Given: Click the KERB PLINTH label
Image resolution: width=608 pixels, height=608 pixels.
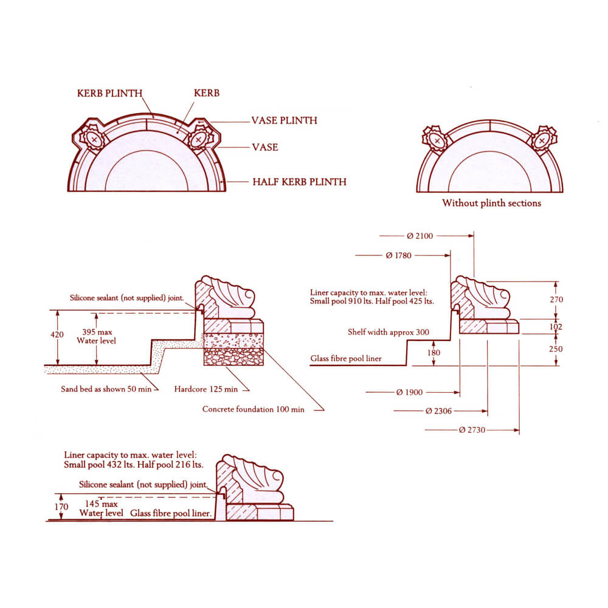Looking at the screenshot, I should pos(109,94).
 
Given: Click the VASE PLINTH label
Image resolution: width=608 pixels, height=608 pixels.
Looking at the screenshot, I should pos(284,120).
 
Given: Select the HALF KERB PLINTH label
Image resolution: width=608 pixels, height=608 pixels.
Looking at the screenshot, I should pos(299,182).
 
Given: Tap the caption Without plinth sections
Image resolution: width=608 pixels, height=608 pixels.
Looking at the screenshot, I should pos(491,203).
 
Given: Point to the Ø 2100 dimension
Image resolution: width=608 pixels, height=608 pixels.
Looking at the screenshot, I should pos(420,236).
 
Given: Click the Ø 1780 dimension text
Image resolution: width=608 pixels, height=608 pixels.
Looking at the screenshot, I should pos(398,255).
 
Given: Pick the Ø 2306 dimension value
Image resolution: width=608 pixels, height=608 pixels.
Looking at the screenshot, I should pos(438,412).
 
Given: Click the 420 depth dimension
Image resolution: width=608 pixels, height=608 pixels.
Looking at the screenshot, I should pos(57,335).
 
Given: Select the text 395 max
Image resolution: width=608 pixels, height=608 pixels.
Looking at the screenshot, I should pos(95,332).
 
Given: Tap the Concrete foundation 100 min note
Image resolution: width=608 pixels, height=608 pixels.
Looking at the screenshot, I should pos(253,409).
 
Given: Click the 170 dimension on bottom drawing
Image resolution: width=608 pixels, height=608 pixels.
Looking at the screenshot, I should pos(61,506).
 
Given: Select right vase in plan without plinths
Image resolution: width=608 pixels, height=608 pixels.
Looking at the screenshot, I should pos(541,140).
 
